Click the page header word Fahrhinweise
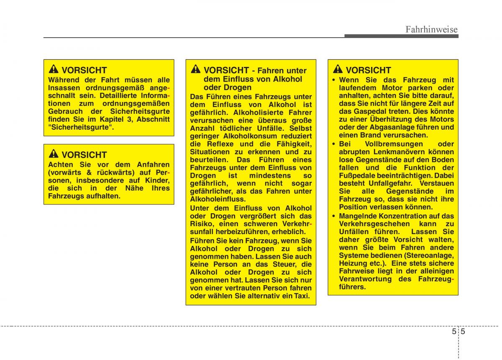point(432,29)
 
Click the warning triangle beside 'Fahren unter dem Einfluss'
point(196,70)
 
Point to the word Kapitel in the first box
point(112,120)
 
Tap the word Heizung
point(354,263)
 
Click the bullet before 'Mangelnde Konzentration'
point(333,216)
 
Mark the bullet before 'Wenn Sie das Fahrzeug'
point(333,80)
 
